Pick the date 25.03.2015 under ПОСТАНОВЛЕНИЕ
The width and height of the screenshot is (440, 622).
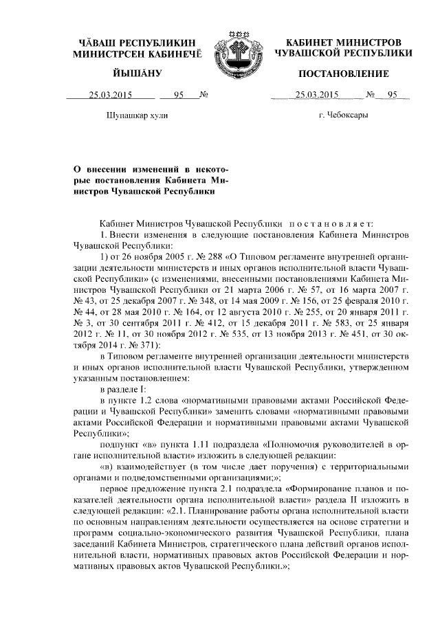click(x=316, y=96)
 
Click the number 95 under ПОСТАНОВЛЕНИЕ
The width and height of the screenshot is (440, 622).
click(x=393, y=96)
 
